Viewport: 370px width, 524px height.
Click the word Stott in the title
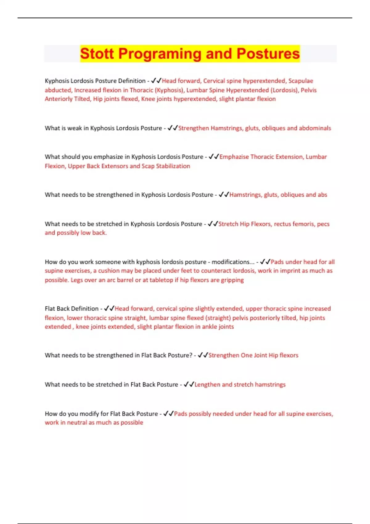(97, 54)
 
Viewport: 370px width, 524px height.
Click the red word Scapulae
(301, 81)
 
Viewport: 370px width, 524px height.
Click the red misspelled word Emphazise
(234, 157)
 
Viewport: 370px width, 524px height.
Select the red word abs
(322, 195)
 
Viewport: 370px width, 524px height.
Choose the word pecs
(323, 224)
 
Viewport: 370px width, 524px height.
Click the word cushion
(109, 271)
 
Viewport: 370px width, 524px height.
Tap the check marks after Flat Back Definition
(109, 309)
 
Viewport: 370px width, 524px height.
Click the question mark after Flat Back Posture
(191, 355)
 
